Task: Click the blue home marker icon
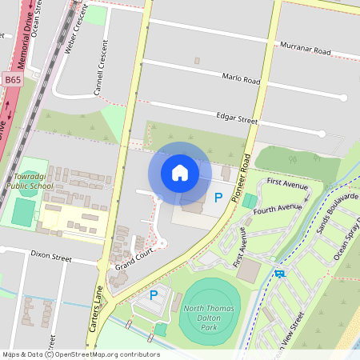180,173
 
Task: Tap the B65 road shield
13,80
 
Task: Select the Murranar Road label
305,50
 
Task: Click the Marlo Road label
241,81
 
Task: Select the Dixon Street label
51,257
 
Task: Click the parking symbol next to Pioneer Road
218,197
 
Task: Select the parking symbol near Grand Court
154,295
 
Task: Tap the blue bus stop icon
278,274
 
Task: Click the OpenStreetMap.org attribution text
102,354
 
